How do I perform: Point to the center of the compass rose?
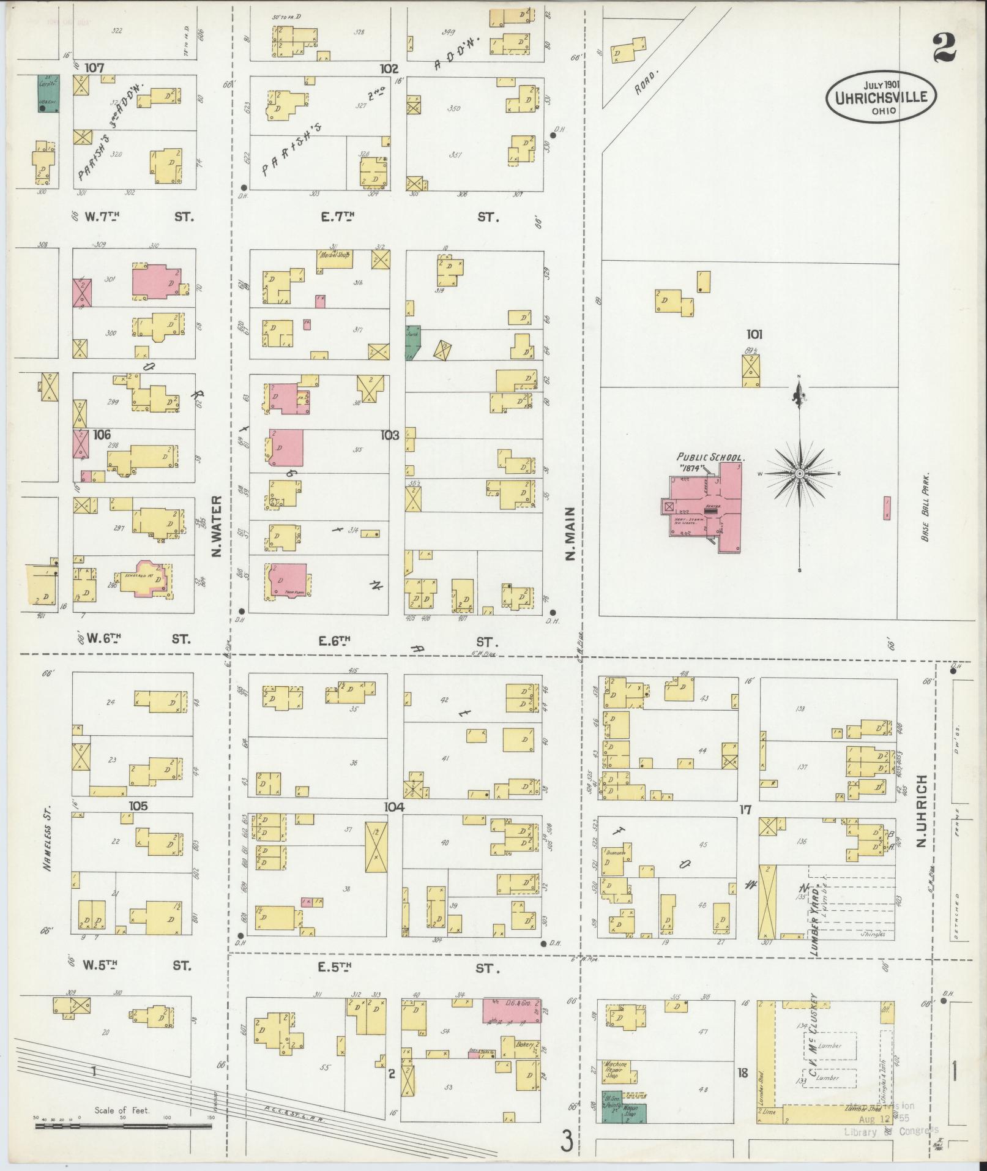(800, 474)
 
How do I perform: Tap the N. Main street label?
(570, 534)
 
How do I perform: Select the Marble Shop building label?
(333, 254)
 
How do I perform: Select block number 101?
(754, 335)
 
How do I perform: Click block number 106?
(102, 435)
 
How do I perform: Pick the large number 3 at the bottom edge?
(568, 1140)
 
